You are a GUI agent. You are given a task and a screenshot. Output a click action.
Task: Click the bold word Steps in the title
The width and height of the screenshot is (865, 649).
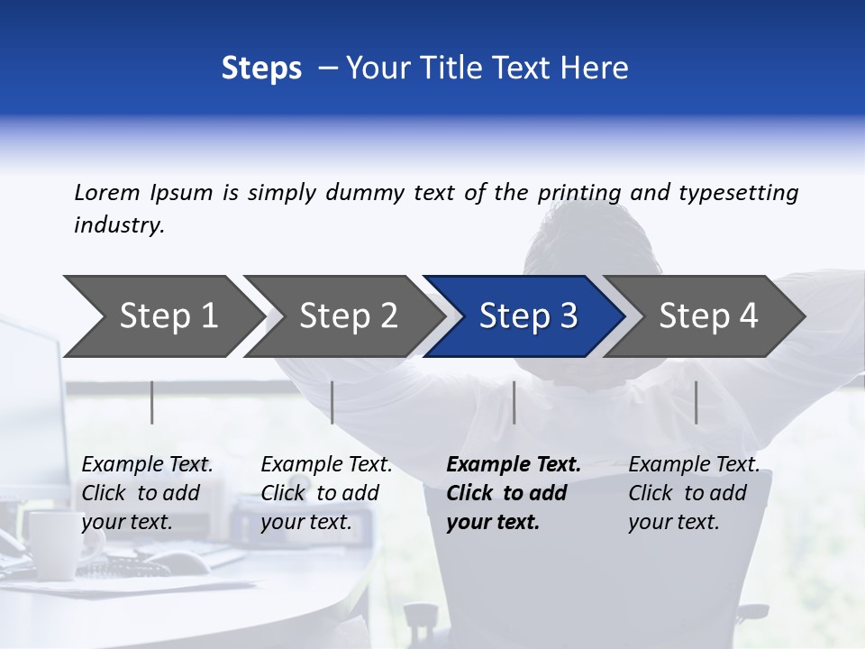click(261, 68)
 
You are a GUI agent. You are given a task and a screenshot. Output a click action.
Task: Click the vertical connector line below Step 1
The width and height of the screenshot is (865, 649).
click(151, 402)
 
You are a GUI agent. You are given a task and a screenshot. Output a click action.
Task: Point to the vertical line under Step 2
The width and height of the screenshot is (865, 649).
click(332, 402)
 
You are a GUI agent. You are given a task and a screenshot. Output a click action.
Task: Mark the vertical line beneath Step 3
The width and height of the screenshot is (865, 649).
click(514, 402)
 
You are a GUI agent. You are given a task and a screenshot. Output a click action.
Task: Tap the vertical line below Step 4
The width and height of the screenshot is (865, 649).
click(696, 402)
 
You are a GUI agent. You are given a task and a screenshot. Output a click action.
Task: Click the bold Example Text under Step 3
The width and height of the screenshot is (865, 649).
click(514, 465)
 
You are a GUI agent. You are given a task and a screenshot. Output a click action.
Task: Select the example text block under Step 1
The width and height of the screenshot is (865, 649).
click(147, 493)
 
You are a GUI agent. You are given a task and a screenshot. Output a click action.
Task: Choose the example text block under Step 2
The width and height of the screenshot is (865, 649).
click(326, 493)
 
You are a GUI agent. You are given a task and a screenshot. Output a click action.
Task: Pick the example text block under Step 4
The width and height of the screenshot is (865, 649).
click(694, 493)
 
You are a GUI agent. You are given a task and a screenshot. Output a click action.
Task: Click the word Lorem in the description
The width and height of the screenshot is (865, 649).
click(107, 193)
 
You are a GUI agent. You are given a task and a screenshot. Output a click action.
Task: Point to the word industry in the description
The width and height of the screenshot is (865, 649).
click(119, 225)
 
